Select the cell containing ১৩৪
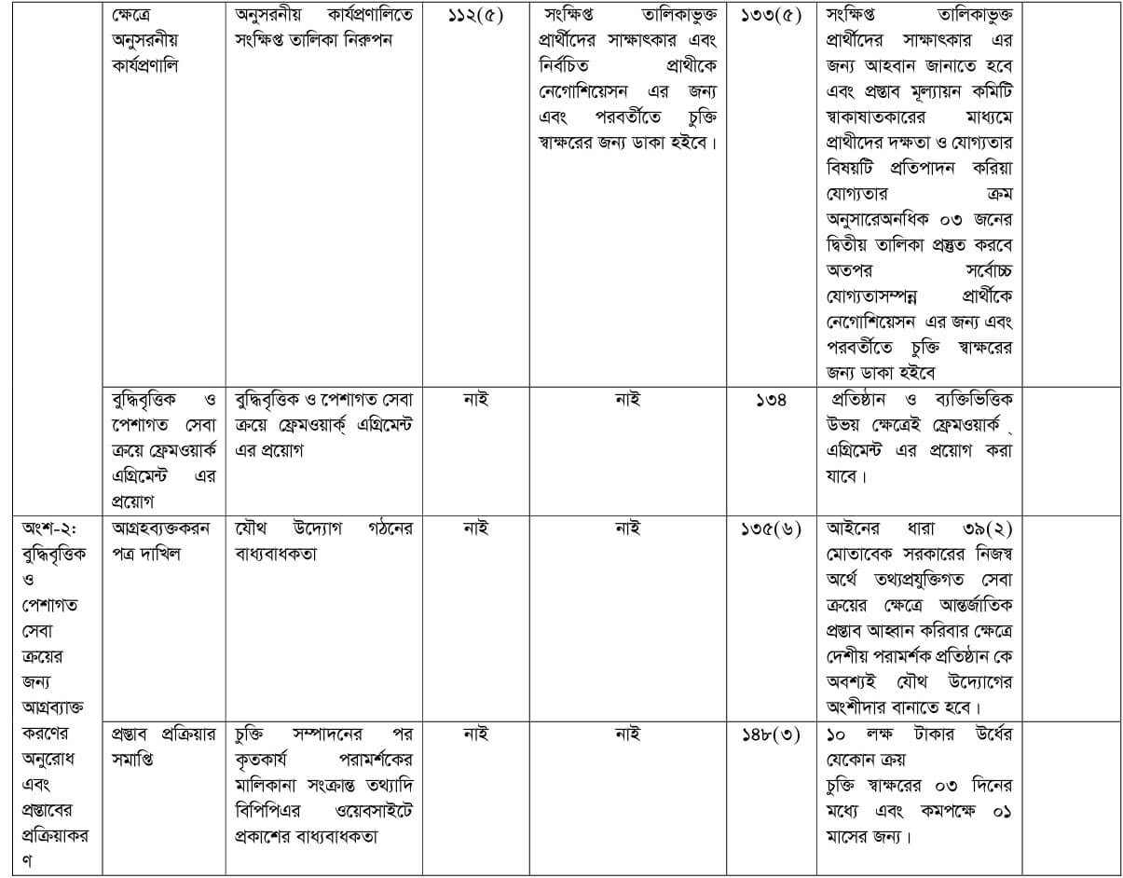[771, 400]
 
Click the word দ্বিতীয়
[854, 245]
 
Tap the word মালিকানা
[271, 785]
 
